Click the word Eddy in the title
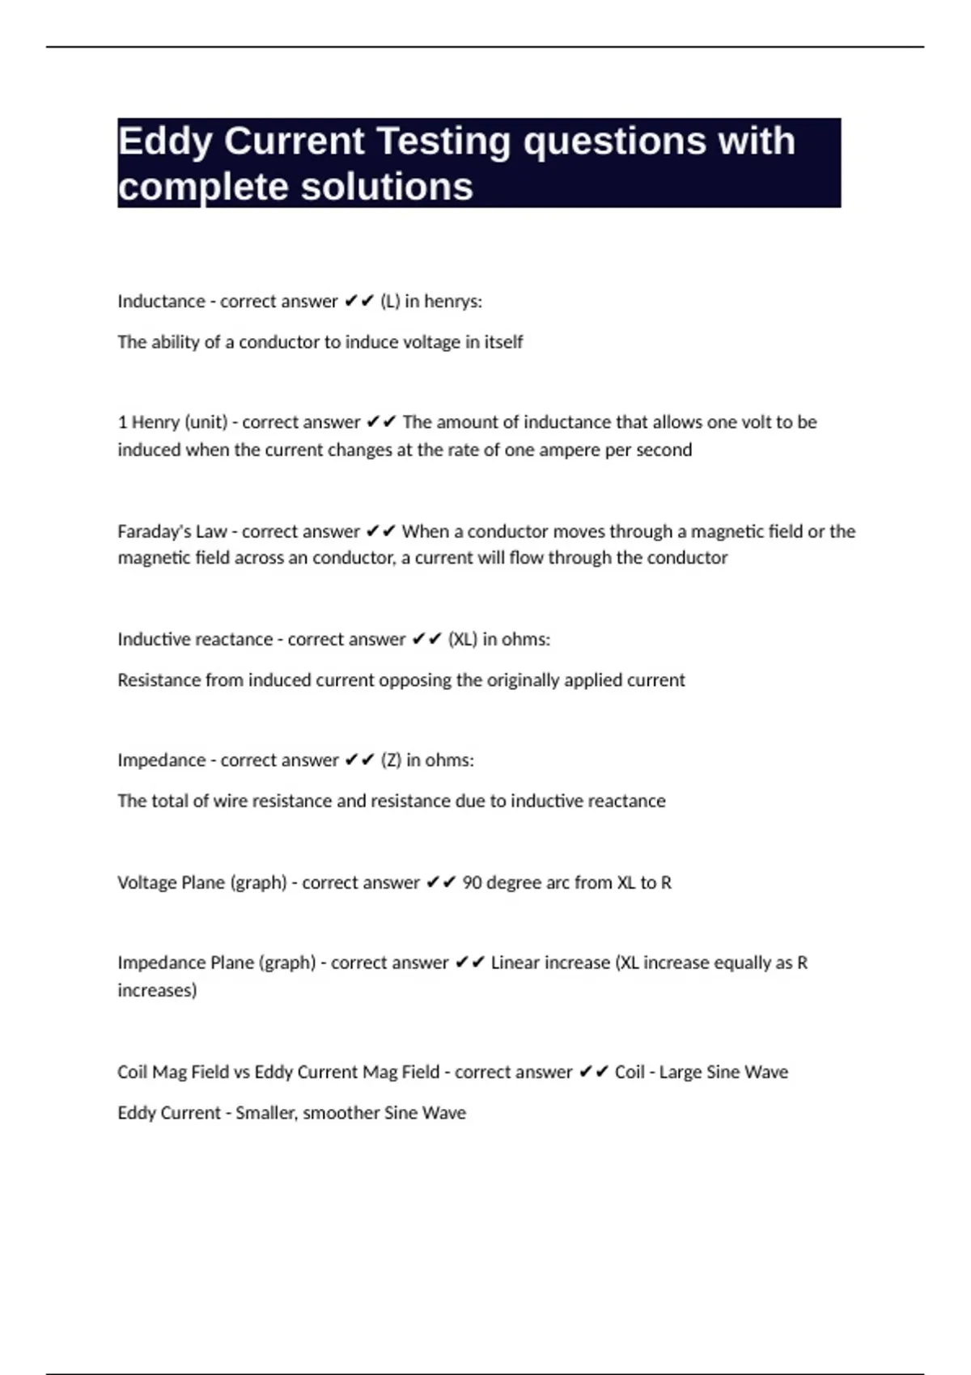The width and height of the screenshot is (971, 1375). tap(164, 142)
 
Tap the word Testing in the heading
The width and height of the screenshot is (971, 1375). tap(443, 142)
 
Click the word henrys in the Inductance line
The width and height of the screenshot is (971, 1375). tap(453, 302)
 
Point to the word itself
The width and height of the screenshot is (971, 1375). tap(503, 342)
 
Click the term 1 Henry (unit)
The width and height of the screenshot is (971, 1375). tap(172, 422)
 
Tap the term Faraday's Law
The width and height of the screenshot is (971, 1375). tap(172, 531)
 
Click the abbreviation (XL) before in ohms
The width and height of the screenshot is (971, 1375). tap(463, 639)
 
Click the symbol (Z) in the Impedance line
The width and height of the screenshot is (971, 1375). tap(390, 760)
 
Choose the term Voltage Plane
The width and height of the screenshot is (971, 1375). tap(172, 882)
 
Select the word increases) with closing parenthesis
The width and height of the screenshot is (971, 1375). tap(157, 990)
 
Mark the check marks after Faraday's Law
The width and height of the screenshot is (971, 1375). tap(380, 531)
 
